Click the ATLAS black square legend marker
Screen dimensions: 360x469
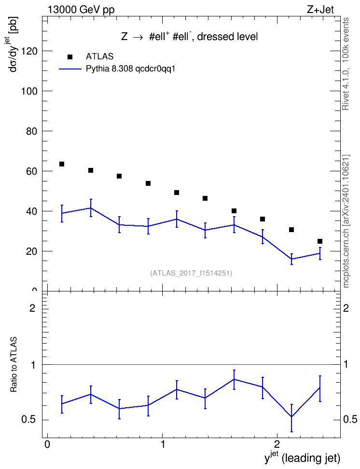click(x=69, y=57)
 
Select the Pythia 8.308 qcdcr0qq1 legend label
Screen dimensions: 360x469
click(x=130, y=69)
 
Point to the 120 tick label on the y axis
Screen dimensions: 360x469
click(x=29, y=51)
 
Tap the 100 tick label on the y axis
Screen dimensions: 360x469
click(x=29, y=91)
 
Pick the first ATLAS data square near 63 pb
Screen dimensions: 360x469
click(x=62, y=164)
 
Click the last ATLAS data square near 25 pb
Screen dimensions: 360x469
click(x=320, y=241)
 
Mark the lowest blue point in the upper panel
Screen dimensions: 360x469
click(x=291, y=259)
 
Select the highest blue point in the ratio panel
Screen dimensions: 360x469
click(x=234, y=379)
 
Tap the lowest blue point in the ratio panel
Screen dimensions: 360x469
click(x=291, y=417)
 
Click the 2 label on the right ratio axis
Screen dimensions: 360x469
click(x=346, y=308)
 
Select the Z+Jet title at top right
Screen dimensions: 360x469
click(x=320, y=10)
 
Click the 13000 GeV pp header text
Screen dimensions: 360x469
click(x=81, y=10)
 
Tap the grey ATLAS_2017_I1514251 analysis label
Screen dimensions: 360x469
click(x=191, y=273)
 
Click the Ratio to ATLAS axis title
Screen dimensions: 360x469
click(x=14, y=365)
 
